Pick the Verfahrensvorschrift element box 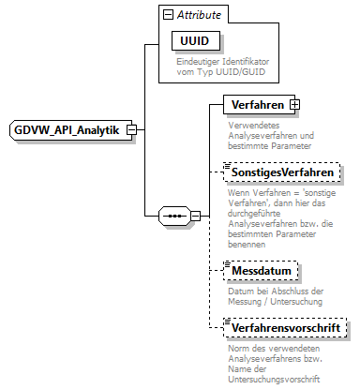click(x=286, y=328)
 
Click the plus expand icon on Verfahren click(x=294, y=104)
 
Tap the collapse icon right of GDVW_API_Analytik click(x=133, y=129)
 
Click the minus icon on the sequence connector click(x=195, y=216)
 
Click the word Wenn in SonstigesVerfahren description click(x=238, y=192)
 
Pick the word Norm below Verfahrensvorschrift click(x=239, y=349)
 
